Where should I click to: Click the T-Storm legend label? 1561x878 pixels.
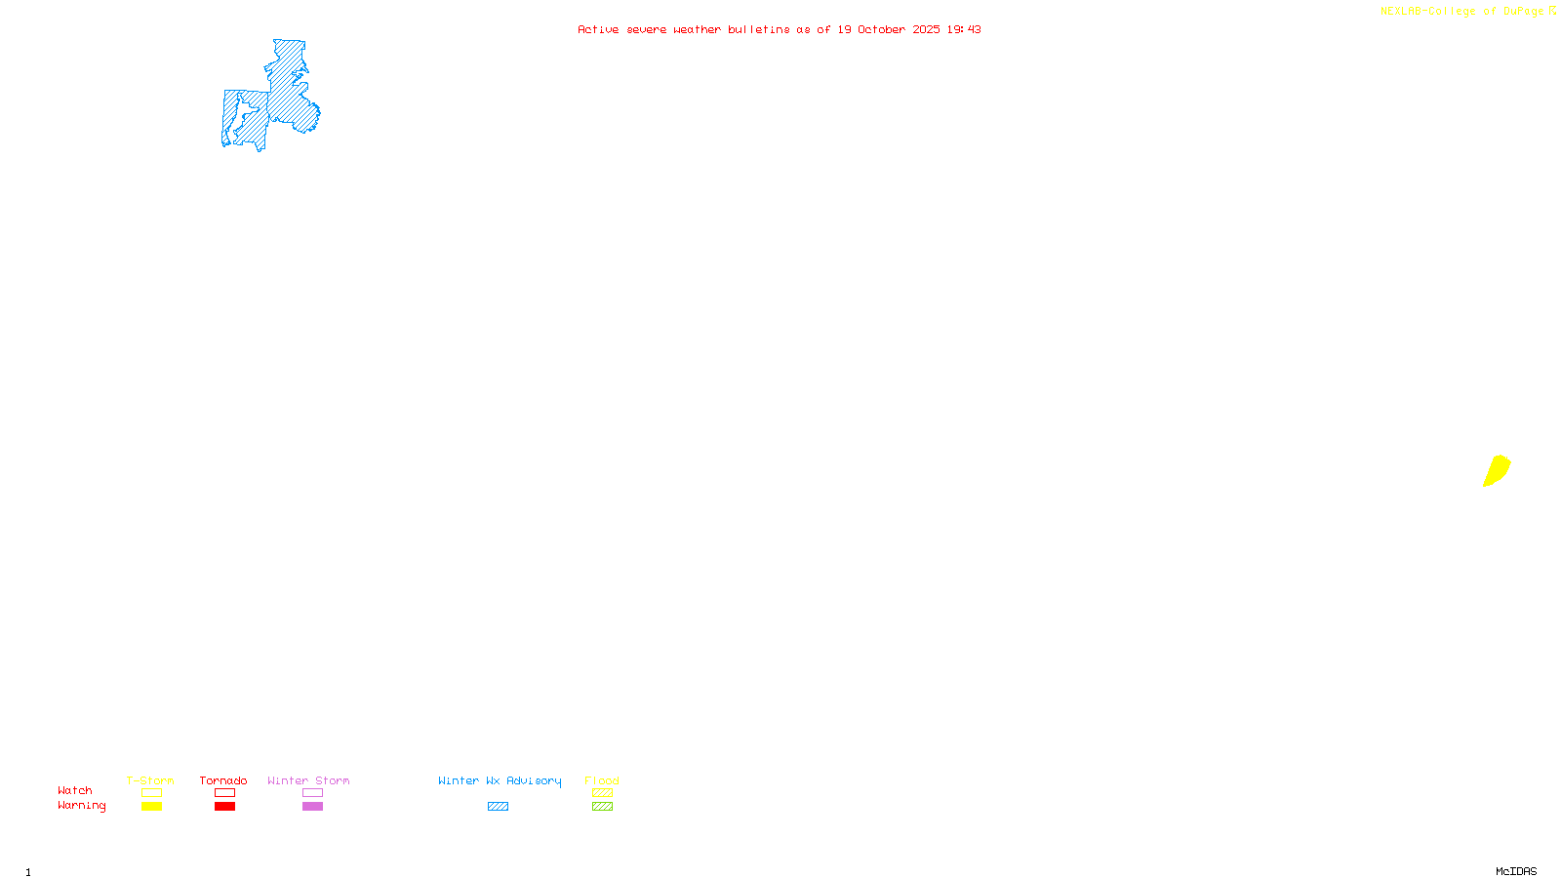coord(150,780)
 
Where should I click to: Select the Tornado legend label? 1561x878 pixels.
coord(223,780)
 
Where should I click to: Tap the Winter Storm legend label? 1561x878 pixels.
coord(308,780)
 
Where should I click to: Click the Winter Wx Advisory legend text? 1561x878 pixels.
coord(500,780)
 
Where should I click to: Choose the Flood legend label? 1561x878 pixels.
coord(602,780)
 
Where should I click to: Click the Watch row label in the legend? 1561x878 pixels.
coord(75,790)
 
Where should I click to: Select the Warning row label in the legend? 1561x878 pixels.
coord(81,806)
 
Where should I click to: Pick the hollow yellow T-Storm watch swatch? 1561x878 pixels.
coord(151,793)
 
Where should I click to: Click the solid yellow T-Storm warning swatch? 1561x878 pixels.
coord(151,807)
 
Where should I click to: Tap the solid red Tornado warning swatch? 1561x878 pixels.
coord(224,807)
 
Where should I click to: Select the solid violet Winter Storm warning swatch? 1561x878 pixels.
coord(312,807)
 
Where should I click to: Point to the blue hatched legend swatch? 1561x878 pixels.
coord(498,807)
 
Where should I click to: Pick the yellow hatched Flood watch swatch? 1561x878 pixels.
coord(602,793)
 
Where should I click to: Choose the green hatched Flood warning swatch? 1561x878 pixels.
coord(602,807)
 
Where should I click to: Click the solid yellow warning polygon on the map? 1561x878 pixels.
coord(1497,470)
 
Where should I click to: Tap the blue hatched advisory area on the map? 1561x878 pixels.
coord(288,93)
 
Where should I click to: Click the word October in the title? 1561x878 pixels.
coord(881,29)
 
